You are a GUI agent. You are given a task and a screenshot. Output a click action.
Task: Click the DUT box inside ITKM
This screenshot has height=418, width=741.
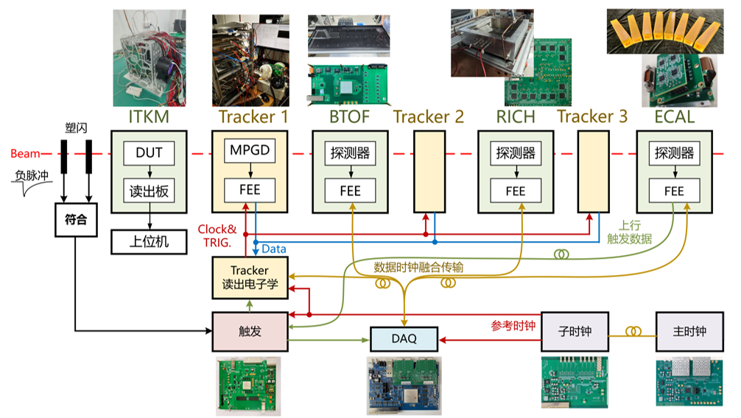point(150,154)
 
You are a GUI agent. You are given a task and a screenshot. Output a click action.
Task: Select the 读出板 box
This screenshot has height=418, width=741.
point(150,190)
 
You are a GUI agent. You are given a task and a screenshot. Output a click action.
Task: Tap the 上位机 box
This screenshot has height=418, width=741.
point(150,240)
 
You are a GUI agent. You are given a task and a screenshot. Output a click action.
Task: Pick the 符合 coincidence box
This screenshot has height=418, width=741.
point(75,220)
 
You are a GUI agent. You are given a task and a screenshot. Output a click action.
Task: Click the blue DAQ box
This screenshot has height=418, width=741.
point(404,338)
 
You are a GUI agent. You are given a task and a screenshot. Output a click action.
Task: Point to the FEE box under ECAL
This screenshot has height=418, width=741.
point(674,190)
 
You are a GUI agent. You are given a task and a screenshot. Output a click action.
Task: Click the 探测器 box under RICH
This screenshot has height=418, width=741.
point(515,154)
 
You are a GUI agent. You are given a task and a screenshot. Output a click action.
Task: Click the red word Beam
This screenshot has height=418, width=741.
point(25,154)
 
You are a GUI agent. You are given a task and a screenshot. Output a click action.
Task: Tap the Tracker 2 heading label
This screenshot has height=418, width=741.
point(429,116)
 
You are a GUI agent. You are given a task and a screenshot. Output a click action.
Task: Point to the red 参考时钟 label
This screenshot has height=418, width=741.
point(513,324)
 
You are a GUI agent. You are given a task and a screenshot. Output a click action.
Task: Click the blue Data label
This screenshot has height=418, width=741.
point(274,250)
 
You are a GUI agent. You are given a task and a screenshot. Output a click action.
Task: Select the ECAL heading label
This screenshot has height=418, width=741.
point(673,116)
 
